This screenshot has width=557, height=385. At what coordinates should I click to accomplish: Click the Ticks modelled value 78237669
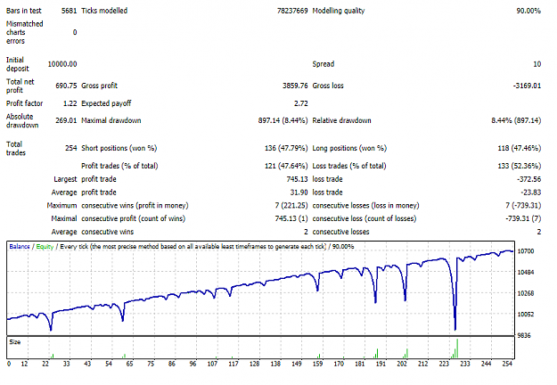(292, 11)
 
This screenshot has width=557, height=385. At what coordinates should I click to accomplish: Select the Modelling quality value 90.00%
(528, 11)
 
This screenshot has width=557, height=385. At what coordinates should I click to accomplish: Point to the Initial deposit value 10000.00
(62, 64)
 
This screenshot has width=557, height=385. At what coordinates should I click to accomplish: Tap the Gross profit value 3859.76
(295, 86)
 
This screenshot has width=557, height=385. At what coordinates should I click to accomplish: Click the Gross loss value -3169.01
(527, 86)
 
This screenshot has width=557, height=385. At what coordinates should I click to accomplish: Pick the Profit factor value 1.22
(70, 103)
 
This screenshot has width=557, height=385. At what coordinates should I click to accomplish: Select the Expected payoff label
(106, 103)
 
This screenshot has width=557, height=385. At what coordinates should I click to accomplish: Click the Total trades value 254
(71, 148)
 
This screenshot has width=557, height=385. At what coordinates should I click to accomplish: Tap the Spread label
(324, 64)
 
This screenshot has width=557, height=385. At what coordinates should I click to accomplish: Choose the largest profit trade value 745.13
(297, 179)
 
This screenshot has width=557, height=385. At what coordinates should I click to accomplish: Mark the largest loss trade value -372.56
(529, 179)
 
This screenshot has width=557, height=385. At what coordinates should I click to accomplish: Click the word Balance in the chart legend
(20, 247)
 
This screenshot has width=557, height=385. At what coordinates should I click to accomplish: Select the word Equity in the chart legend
(45, 247)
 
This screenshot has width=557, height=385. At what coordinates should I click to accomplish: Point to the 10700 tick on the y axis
(526, 251)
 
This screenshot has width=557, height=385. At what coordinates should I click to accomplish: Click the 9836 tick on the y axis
(524, 335)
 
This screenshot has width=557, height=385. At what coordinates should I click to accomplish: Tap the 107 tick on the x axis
(212, 364)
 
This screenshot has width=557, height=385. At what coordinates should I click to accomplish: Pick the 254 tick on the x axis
(507, 364)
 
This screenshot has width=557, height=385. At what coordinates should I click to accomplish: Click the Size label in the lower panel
(15, 342)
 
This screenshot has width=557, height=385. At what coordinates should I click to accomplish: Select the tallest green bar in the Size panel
(457, 348)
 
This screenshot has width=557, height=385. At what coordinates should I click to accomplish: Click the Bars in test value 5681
(69, 11)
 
